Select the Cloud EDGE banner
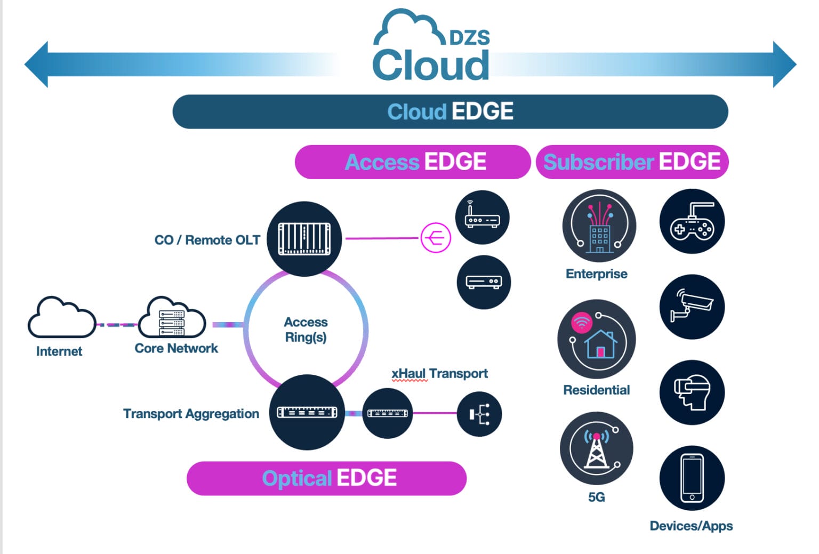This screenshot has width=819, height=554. click(450, 112)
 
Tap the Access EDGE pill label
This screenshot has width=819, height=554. click(413, 162)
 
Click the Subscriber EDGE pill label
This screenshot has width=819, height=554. click(632, 162)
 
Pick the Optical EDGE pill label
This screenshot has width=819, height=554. click(327, 478)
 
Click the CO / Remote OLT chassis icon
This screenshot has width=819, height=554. click(304, 238)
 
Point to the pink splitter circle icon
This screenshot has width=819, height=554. click(436, 238)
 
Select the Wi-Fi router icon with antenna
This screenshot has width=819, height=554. click(482, 218)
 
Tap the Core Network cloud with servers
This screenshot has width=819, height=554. click(172, 318)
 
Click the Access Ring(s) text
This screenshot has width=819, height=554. click(306, 330)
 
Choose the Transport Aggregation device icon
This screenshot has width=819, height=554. click(307, 412)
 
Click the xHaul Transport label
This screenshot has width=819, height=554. click(439, 374)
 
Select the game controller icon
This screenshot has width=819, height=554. click(692, 221)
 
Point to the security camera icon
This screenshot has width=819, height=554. click(692, 307)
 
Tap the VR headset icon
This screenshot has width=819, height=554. click(692, 392)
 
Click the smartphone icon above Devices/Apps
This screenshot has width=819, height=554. click(692, 478)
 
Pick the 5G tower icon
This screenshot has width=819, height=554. click(596, 448)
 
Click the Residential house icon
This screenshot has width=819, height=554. click(596, 339)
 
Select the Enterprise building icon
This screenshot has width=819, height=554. click(599, 226)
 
